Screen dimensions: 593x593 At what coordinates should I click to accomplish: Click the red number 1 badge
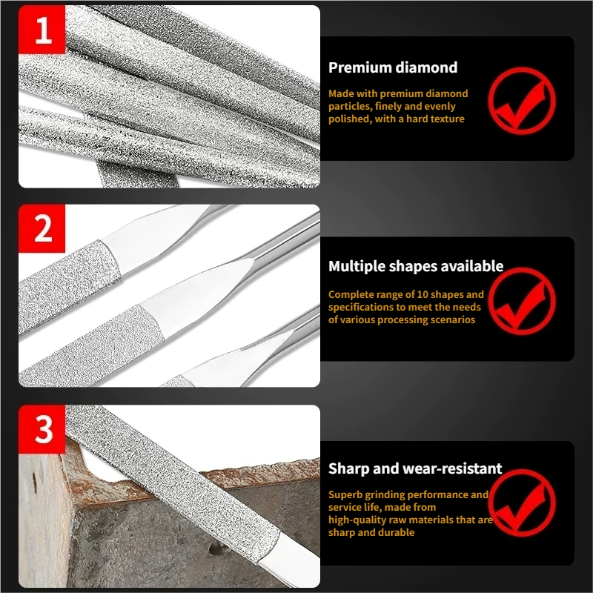point(42,30)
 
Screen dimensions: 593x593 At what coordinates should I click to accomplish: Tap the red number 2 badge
point(42,228)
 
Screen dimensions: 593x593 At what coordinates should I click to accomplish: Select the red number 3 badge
point(42,429)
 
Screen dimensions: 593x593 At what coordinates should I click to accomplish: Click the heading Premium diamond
point(393,67)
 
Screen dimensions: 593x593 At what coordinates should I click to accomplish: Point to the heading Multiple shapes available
point(416,266)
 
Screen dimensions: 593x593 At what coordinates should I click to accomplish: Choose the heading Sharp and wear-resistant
point(415,468)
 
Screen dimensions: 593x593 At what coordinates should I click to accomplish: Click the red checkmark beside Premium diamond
point(522,101)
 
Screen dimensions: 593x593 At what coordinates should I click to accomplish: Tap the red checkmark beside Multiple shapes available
point(522,301)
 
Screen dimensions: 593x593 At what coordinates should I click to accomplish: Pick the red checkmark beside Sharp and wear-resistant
point(522,503)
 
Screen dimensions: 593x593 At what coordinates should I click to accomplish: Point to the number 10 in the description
point(423,294)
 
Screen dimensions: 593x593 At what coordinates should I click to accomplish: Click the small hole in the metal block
point(216,549)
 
